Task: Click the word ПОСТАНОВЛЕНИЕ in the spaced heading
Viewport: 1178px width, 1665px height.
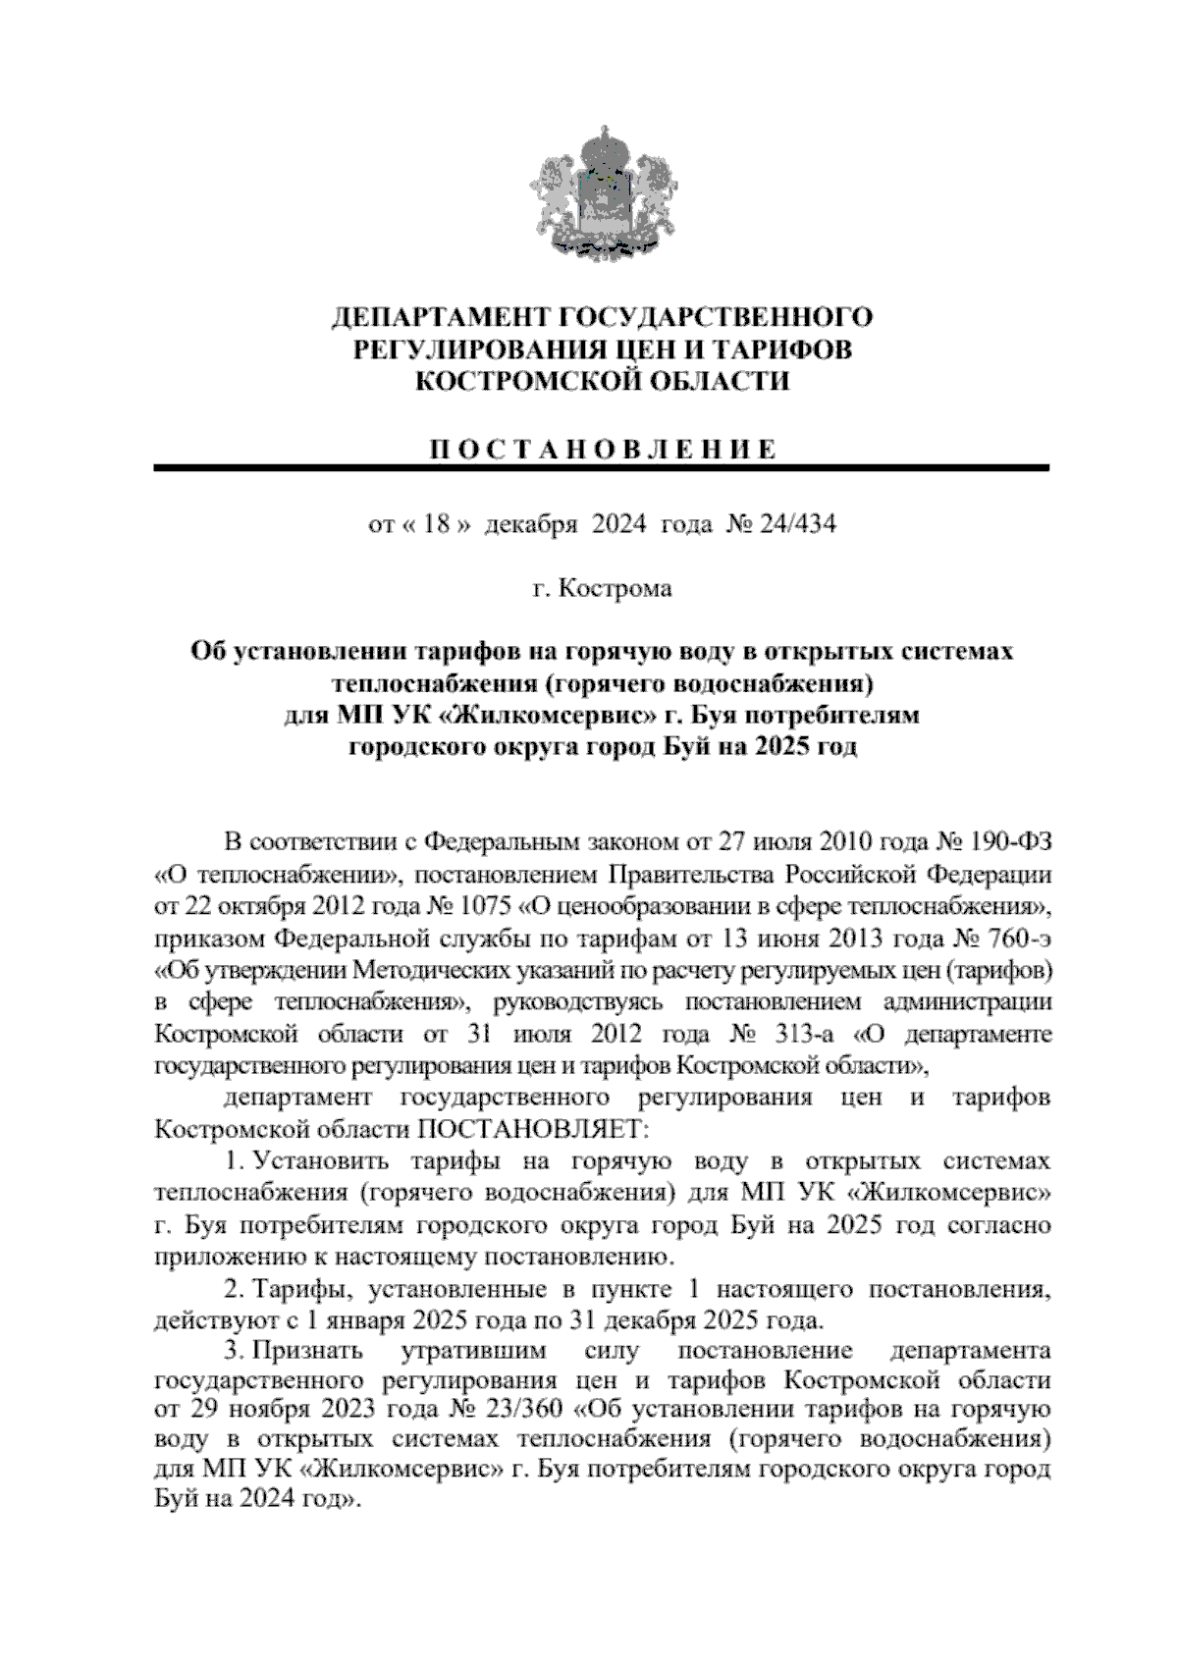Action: [601, 451]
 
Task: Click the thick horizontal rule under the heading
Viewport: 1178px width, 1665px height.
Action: [601, 468]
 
